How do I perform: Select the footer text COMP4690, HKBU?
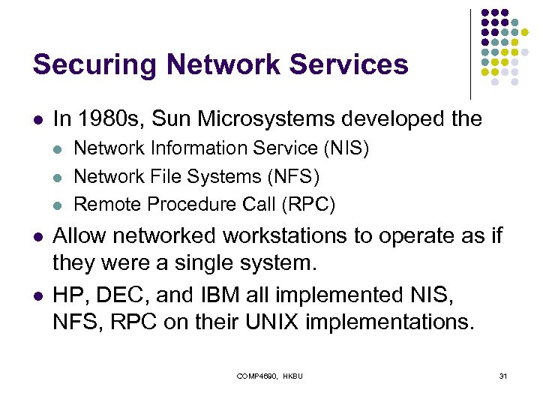270,376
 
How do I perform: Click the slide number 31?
502,376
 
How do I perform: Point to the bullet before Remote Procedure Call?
61,204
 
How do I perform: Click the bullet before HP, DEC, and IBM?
37,295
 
